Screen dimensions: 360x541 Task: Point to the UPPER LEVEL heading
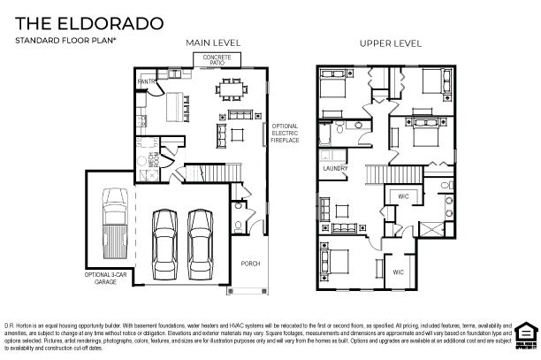coord(389,42)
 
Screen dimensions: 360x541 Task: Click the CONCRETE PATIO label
coord(217,58)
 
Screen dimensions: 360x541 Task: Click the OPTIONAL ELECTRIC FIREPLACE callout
coord(286,133)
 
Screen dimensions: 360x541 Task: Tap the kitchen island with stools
coord(174,99)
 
